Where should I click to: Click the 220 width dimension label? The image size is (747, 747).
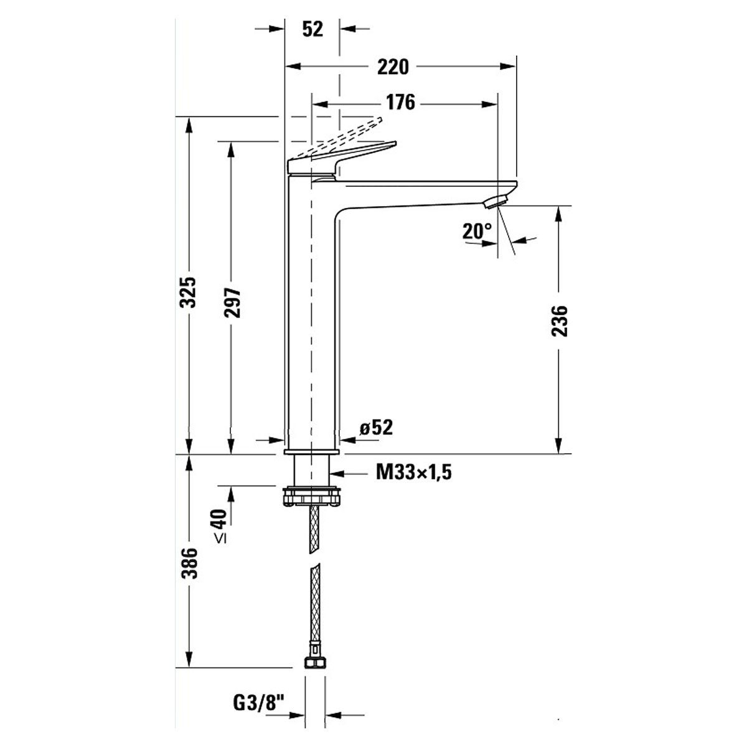click(393, 67)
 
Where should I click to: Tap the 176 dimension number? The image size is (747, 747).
click(400, 103)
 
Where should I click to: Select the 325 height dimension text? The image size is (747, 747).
click(189, 293)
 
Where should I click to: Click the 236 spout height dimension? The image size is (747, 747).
click(560, 321)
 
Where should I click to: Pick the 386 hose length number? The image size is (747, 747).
click(189, 563)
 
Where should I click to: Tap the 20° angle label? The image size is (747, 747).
click(476, 231)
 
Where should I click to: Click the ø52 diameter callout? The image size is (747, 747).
click(376, 428)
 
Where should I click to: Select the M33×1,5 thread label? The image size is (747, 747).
click(413, 472)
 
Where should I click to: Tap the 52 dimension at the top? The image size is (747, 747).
click(312, 29)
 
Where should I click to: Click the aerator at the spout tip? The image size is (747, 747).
click(496, 202)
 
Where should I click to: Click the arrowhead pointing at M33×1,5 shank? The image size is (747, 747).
click(338, 473)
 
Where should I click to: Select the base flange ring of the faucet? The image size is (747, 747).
click(311, 451)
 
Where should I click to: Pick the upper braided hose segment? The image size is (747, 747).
click(314, 530)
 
